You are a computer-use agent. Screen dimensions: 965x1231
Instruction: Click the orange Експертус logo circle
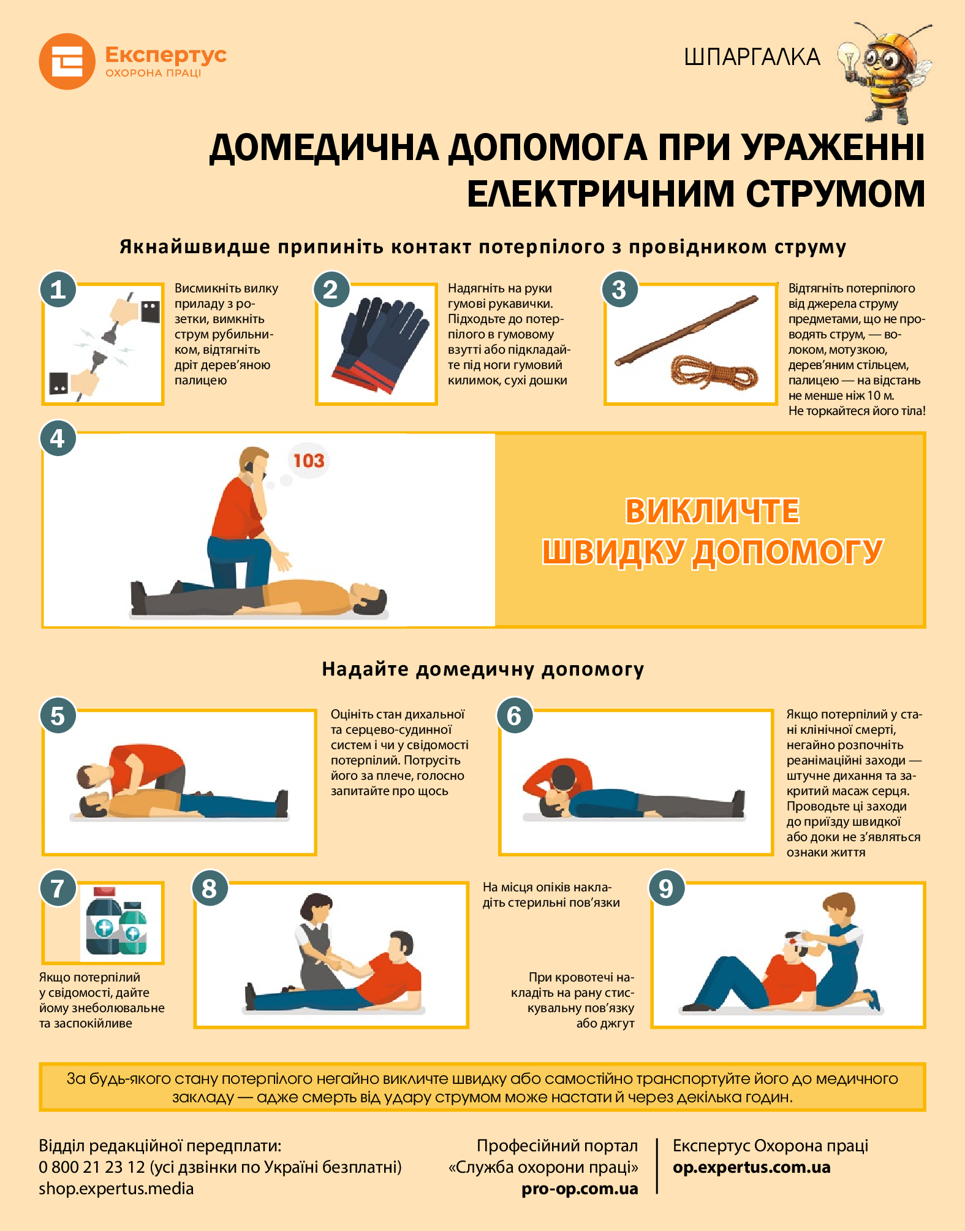tap(67, 61)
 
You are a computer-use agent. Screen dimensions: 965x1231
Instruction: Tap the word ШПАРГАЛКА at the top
tap(752, 57)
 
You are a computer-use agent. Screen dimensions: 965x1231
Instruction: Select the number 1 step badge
tap(58, 289)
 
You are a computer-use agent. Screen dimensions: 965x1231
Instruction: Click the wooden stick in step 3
tap(687, 331)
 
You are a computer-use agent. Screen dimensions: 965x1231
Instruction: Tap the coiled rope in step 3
tap(714, 372)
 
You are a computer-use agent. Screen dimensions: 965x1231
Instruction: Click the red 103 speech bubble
tap(308, 460)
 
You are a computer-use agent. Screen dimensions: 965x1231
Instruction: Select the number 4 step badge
tap(58, 438)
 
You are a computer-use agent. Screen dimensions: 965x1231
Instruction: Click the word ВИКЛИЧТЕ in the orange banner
tap(712, 511)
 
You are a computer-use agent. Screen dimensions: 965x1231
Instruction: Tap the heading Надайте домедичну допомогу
tap(483, 669)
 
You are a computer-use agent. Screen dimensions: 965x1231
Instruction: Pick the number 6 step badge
tap(514, 715)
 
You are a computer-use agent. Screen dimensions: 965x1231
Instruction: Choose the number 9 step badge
tap(666, 888)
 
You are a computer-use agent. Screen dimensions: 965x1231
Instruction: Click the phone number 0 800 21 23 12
tap(92, 1167)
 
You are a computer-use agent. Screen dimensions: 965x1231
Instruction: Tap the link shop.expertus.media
tap(116, 1189)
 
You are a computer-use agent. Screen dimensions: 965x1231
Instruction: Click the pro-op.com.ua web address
tap(580, 1189)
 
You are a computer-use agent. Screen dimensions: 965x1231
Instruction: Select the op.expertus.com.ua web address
tap(751, 1167)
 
